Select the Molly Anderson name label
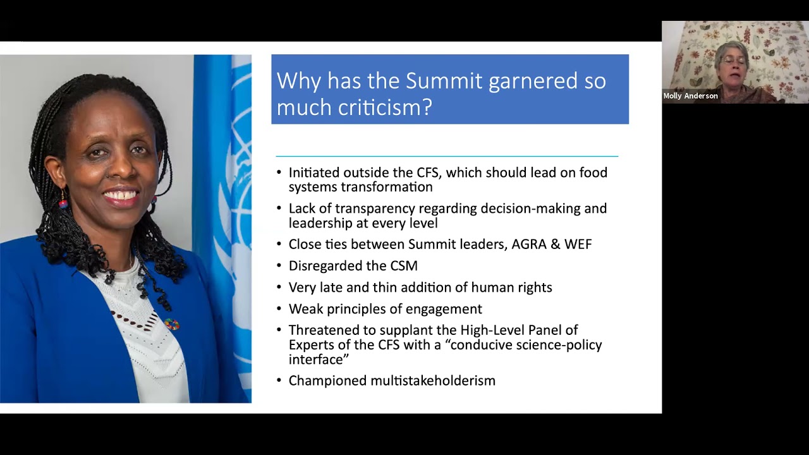pyautogui.click(x=690, y=96)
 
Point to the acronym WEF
pyautogui.click(x=578, y=245)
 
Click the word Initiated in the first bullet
pyautogui.click(x=313, y=173)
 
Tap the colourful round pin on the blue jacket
pyautogui.click(x=171, y=325)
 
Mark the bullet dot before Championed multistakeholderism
pyautogui.click(x=279, y=381)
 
